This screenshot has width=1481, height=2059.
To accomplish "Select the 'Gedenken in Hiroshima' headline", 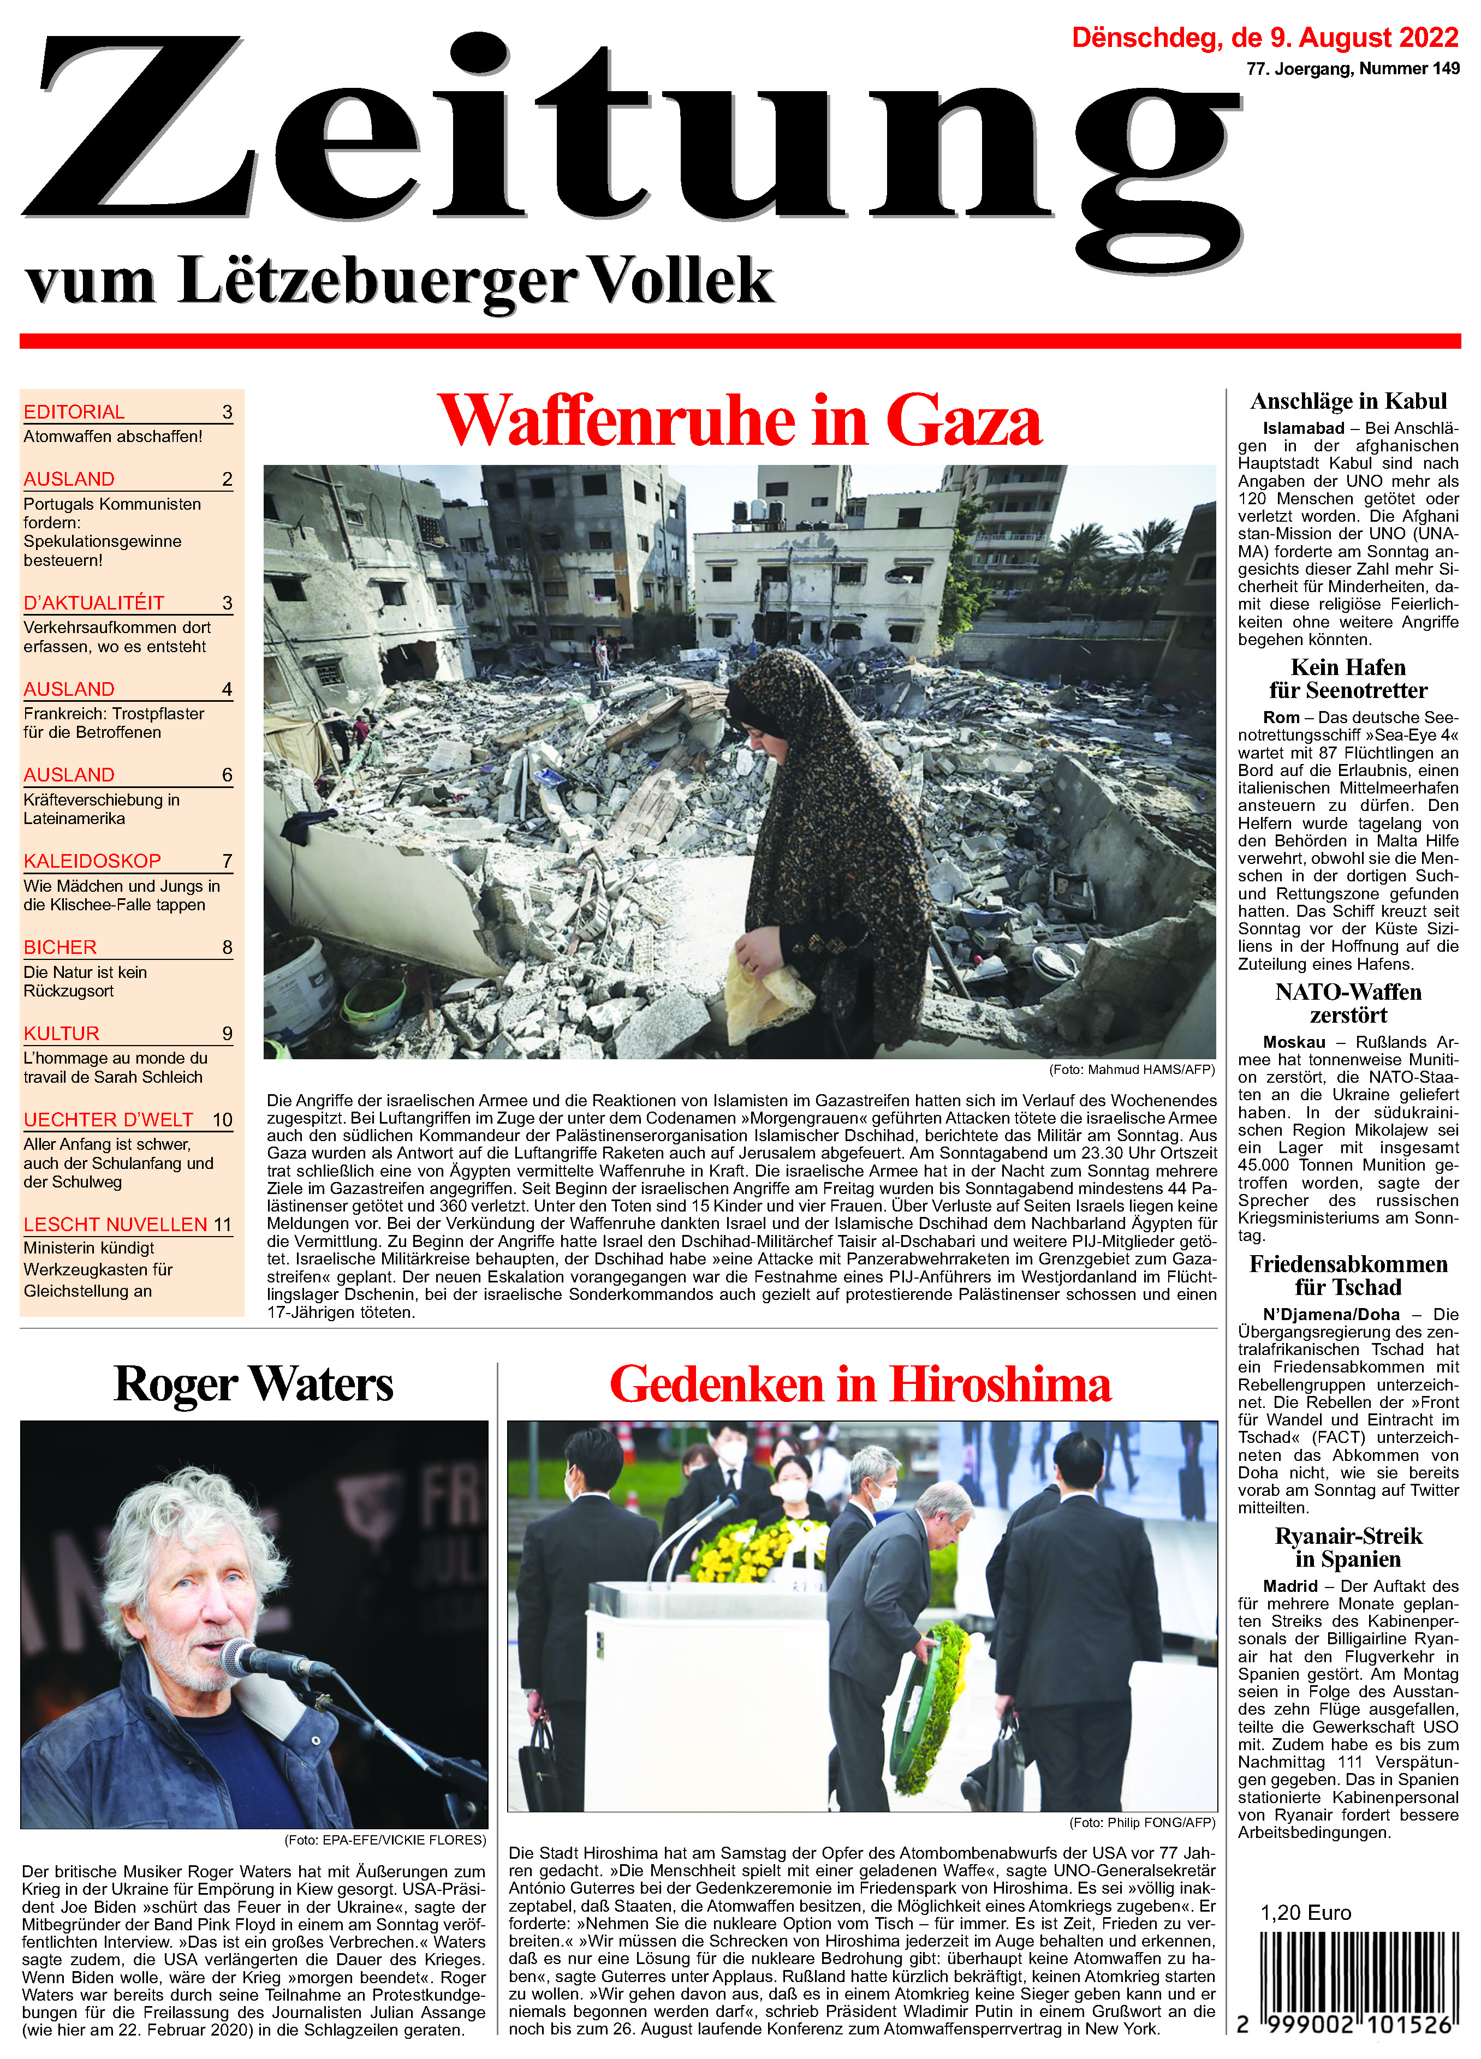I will click(x=860, y=1384).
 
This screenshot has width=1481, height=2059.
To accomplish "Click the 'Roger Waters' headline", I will click(x=253, y=1384).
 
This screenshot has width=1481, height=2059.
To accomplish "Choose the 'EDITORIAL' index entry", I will click(x=74, y=412).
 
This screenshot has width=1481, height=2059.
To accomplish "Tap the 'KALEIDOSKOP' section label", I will click(x=93, y=861).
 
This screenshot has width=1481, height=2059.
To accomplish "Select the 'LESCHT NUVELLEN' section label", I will click(x=115, y=1225).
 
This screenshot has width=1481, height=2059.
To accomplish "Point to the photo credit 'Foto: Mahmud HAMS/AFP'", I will click(x=1132, y=1070).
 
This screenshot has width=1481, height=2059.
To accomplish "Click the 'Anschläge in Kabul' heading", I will click(x=1348, y=401).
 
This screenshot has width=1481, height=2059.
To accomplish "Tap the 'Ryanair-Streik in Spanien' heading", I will click(x=1348, y=1548).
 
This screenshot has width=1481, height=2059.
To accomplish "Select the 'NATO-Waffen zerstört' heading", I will click(x=1348, y=1003).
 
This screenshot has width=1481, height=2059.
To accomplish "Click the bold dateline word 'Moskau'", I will click(x=1293, y=1042).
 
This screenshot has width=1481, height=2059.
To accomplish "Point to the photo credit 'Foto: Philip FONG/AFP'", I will click(x=1141, y=1822).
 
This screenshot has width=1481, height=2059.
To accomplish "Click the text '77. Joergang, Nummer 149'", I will click(x=1352, y=69).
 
